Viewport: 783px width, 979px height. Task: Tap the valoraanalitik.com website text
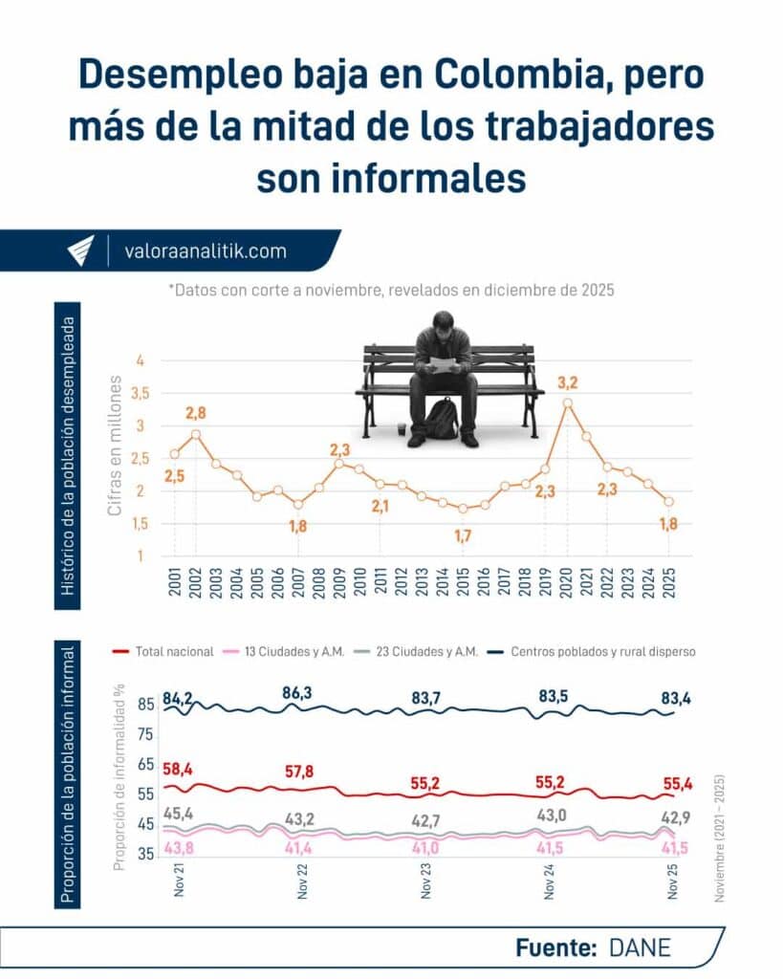point(206,251)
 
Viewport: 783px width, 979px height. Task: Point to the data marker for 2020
point(568,403)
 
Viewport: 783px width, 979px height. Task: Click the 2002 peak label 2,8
point(197,413)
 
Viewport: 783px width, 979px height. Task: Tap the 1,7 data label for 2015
point(464,536)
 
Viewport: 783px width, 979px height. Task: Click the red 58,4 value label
point(178,767)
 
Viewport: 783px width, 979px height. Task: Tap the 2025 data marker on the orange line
point(669,502)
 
